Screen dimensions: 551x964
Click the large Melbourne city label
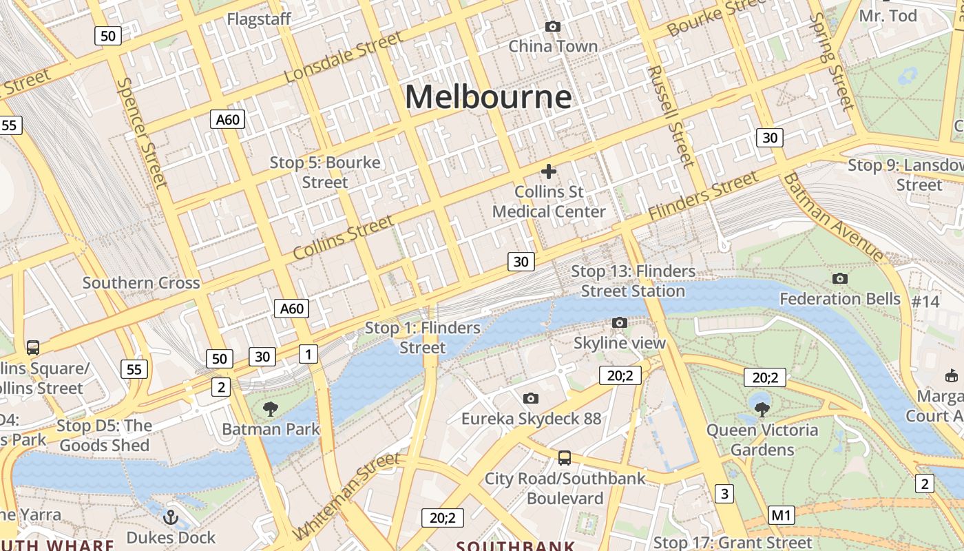pyautogui.click(x=488, y=96)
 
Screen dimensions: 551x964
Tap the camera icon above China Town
pyautogui.click(x=552, y=26)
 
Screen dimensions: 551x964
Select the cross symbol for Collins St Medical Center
pyautogui.click(x=549, y=171)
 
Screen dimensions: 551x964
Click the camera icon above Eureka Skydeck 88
pyautogui.click(x=530, y=398)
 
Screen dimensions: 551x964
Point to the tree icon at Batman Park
pyautogui.click(x=271, y=409)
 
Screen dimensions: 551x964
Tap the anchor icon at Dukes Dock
pyautogui.click(x=170, y=517)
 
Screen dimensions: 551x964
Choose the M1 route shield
pyautogui.click(x=782, y=514)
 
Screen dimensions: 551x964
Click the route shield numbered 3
pyautogui.click(x=724, y=493)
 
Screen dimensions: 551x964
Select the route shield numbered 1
pyautogui.click(x=308, y=354)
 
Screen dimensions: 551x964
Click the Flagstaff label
pyautogui.click(x=259, y=19)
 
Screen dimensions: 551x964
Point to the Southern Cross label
pyautogui.click(x=141, y=282)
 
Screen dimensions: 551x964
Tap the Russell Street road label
pyautogui.click(x=669, y=116)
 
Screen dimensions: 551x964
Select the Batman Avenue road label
pyautogui.click(x=833, y=216)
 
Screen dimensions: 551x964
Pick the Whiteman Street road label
pyautogui.click(x=346, y=496)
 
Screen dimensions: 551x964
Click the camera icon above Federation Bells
pyautogui.click(x=839, y=278)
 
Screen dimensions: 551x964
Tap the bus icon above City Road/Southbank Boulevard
pyautogui.click(x=564, y=457)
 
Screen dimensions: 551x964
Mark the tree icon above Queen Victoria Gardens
pyautogui.click(x=762, y=409)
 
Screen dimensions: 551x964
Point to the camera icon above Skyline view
pyautogui.click(x=619, y=322)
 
